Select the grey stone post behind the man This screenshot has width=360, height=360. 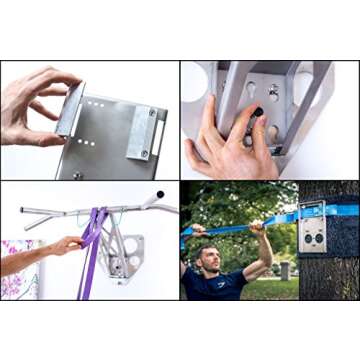(x=288, y=270)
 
